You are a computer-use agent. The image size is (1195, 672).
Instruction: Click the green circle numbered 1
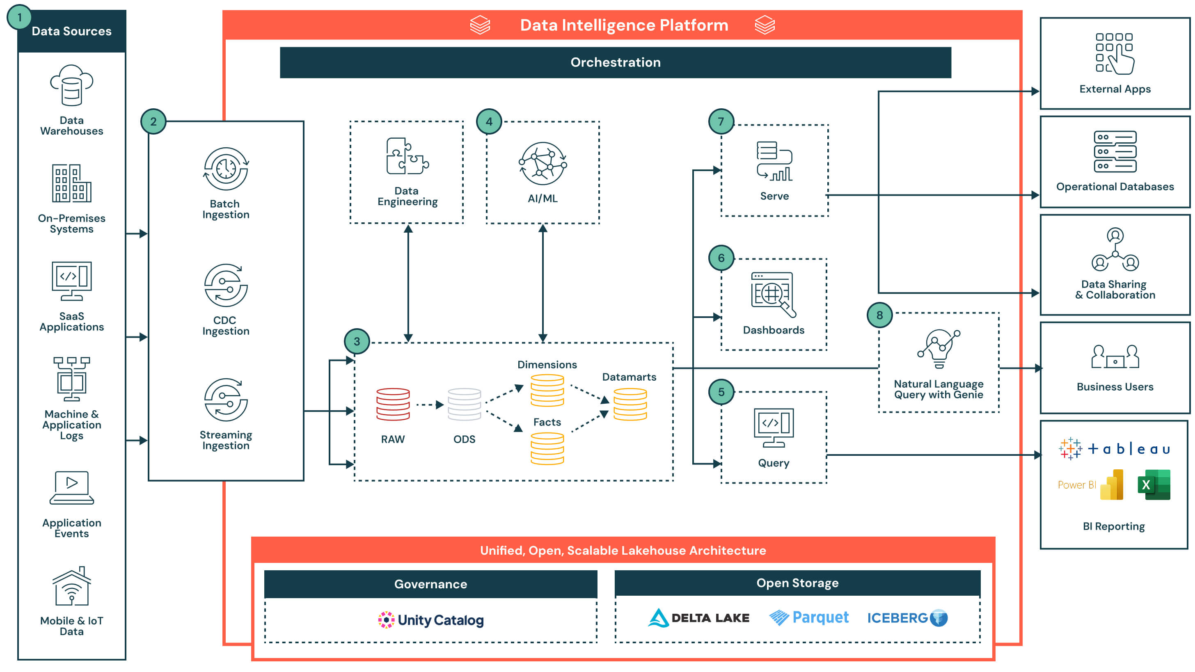coord(19,18)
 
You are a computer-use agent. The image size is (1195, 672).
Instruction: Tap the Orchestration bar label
coord(615,62)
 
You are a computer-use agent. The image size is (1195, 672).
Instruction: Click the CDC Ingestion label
coord(225,326)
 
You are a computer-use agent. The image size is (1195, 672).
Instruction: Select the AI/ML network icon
coord(542,164)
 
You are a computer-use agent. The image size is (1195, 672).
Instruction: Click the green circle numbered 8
coord(879,315)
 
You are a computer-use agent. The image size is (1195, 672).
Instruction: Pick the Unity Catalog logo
coord(430,619)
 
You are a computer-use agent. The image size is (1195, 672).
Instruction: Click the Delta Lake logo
coord(698,618)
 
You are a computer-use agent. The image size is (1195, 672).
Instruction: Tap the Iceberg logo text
coord(897,618)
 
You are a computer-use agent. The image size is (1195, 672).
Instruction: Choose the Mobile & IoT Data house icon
coord(71,586)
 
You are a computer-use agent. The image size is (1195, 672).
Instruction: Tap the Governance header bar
coord(430,584)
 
